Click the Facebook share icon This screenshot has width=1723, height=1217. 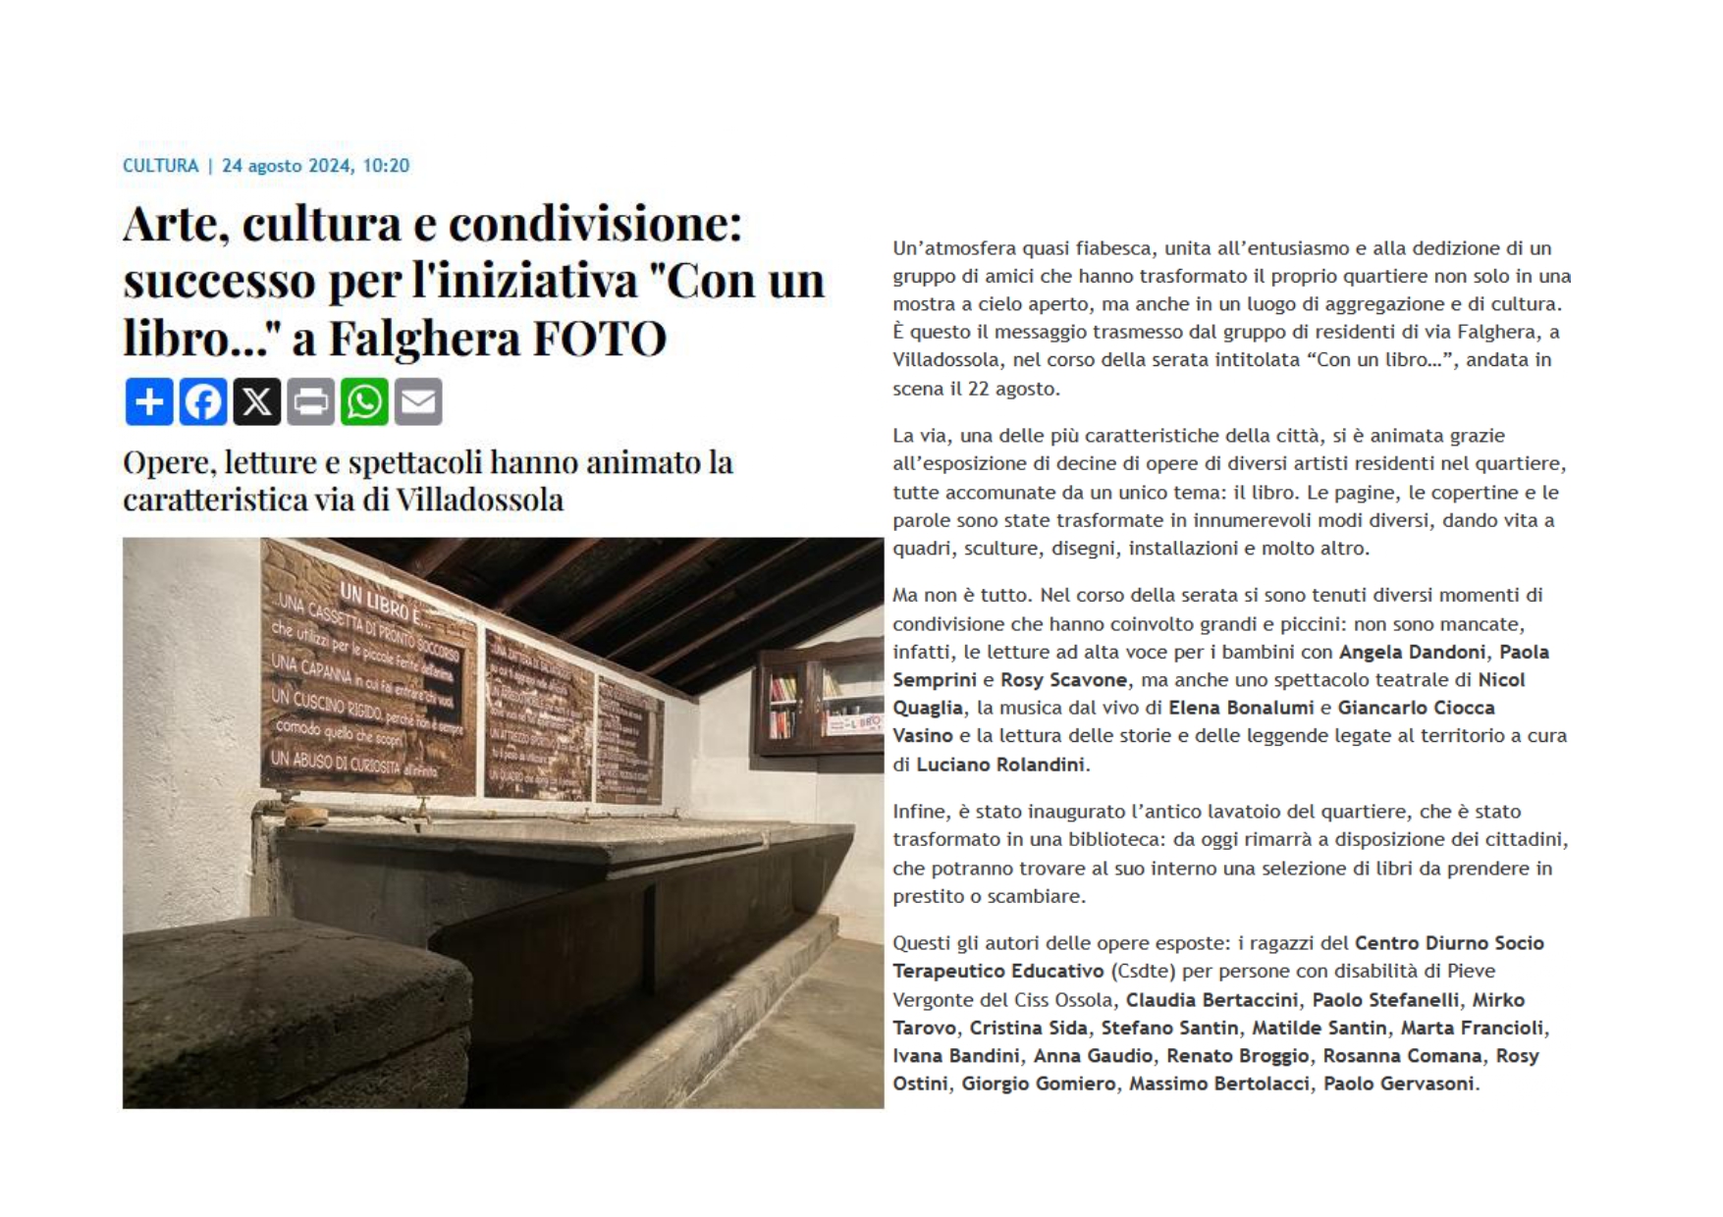(203, 401)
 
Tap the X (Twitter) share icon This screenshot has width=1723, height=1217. (257, 401)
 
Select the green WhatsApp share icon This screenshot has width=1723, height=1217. (364, 401)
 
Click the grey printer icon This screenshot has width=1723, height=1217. (310, 401)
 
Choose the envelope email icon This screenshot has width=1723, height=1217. (418, 401)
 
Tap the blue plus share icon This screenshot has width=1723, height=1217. (149, 401)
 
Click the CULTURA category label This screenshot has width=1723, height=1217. (160, 166)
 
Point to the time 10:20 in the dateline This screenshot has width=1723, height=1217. (386, 166)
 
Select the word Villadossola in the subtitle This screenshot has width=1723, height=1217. (479, 500)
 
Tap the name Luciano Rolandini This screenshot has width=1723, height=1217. (1000, 765)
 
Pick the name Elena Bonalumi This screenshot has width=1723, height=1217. (1241, 708)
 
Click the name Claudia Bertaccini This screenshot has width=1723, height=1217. (1211, 1000)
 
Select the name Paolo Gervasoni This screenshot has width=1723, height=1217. (1398, 1084)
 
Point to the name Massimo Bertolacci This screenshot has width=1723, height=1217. (1218, 1084)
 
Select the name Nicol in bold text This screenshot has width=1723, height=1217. (1502, 679)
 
